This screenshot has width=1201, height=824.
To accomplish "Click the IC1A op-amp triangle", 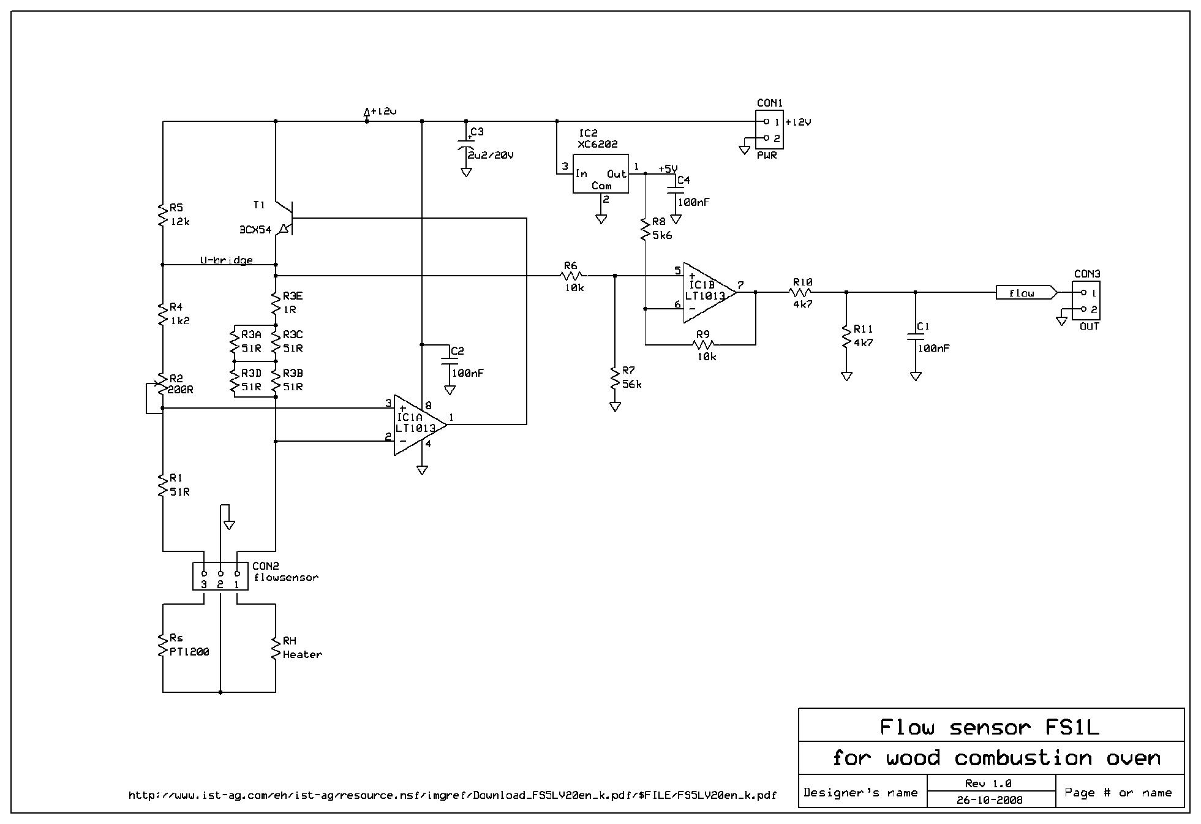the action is point(420,424).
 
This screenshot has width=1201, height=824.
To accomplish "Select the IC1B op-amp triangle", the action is point(710,293).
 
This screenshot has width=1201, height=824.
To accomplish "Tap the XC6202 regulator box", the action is point(600,174).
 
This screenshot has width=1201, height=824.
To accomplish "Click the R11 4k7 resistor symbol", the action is point(846,336).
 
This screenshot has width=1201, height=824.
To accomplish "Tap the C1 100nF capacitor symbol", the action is point(916,335).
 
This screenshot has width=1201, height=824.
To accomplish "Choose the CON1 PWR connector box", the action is point(769,130).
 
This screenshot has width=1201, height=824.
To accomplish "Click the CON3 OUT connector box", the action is point(1086,300).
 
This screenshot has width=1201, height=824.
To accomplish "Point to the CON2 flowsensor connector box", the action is point(220,576).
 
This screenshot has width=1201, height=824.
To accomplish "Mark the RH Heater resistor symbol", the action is point(276,648).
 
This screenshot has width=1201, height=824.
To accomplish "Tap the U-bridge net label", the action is point(227,260).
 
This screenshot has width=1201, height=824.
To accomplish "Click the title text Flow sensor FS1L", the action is point(990,727).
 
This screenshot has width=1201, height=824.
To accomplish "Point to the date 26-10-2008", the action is point(990,799).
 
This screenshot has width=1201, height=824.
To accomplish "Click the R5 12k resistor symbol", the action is point(163,215).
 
